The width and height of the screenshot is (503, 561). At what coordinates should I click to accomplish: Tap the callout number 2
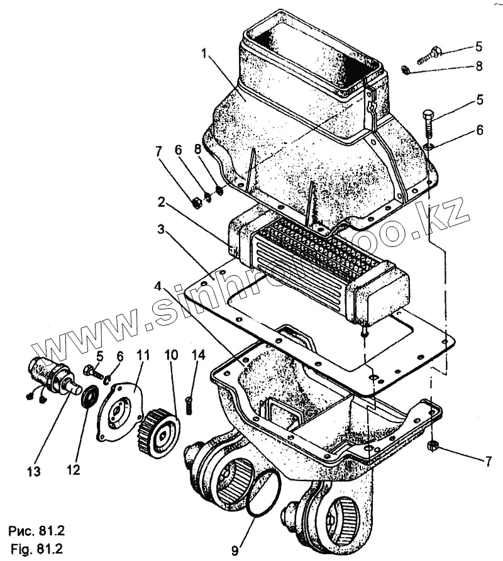(162, 203)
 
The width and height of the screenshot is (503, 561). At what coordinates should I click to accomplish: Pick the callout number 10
(171, 355)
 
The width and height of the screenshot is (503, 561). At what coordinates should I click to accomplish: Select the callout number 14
(198, 355)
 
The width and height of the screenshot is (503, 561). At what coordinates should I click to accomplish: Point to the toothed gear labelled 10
(158, 433)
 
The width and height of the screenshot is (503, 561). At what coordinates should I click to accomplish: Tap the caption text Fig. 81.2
(36, 548)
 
